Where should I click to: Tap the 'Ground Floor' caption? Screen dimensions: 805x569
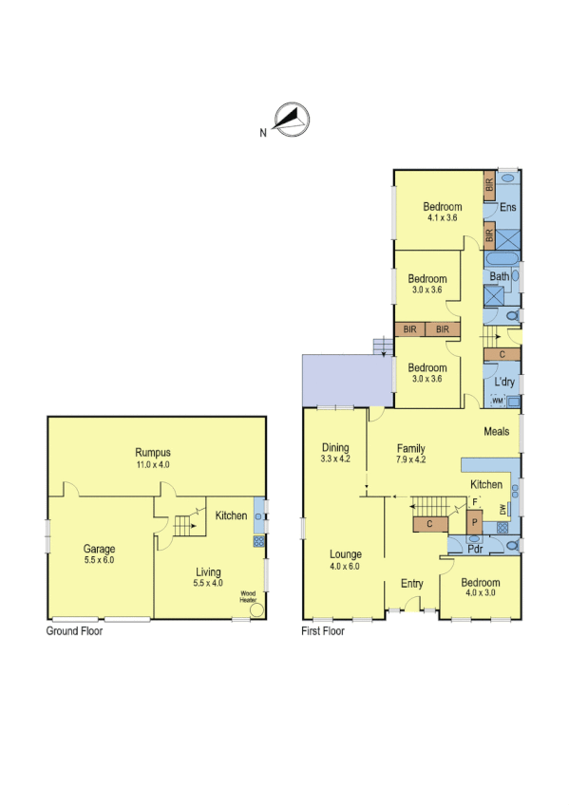point(75,630)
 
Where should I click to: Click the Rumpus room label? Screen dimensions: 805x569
point(151,459)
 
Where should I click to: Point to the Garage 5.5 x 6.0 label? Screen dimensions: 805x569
point(99,554)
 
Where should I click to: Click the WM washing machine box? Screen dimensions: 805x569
point(498,402)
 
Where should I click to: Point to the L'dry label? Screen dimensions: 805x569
point(504,383)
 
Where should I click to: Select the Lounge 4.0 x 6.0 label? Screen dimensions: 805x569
point(345,560)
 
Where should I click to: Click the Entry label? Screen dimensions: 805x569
point(411,584)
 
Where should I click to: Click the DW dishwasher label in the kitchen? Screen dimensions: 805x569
point(503,510)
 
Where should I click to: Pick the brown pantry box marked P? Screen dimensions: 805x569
point(474,523)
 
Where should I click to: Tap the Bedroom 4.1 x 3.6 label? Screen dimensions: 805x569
point(443,213)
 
